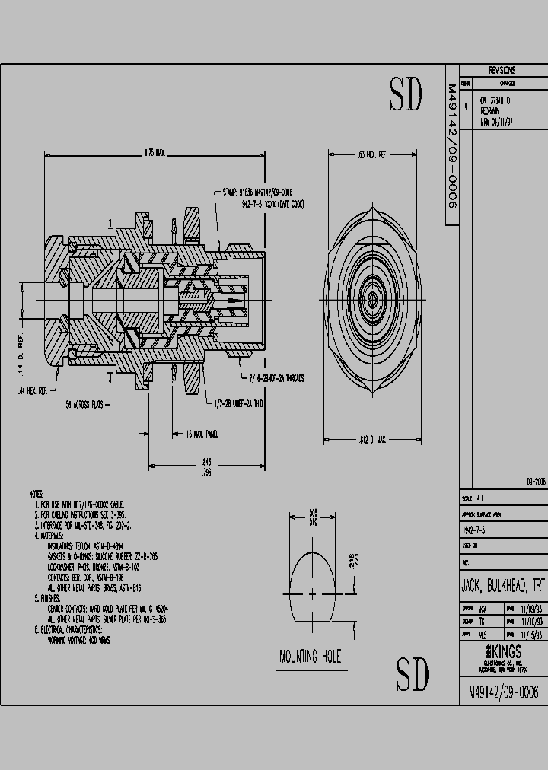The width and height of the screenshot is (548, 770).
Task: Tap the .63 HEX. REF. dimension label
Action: tap(373, 154)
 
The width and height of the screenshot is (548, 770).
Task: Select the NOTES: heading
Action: tap(36, 494)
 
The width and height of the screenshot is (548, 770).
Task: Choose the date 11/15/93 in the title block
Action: tap(531, 632)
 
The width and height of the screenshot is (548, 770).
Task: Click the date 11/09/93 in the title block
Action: tap(531, 609)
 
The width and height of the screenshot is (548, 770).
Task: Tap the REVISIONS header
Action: tap(502, 69)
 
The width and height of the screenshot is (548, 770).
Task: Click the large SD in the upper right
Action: tap(406, 95)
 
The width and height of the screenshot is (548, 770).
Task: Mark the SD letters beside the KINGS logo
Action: tap(413, 673)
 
